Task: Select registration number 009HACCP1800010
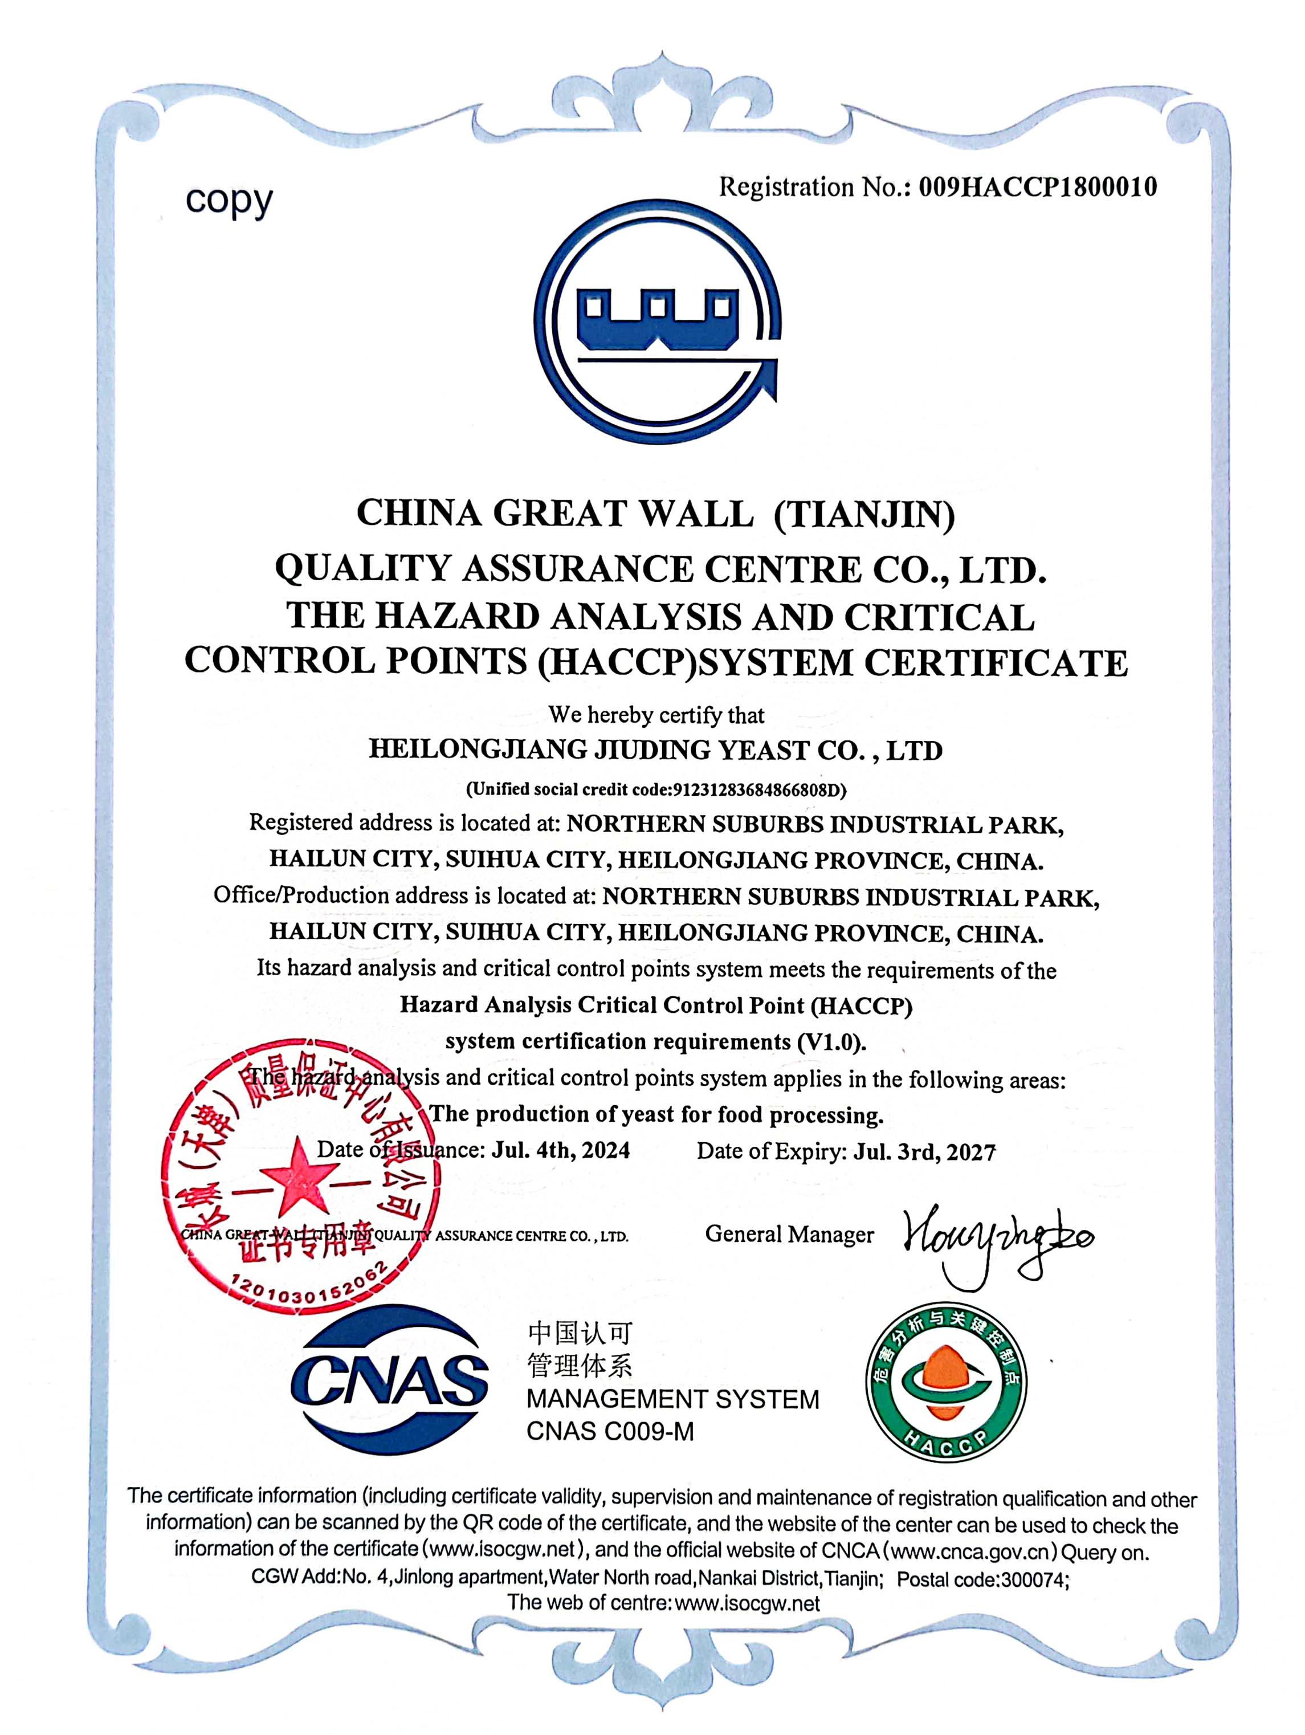click(x=1037, y=188)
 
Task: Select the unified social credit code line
click(x=656, y=789)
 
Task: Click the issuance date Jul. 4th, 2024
click(x=560, y=1150)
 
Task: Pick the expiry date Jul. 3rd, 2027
click(x=924, y=1151)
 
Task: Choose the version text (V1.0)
click(x=831, y=1042)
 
